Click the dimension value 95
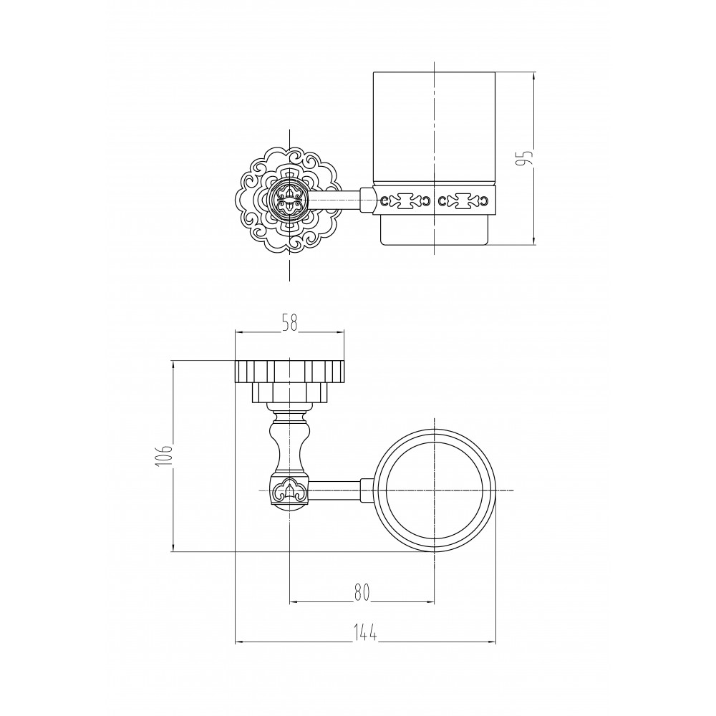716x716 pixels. tap(528, 158)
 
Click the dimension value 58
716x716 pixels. tap(289, 323)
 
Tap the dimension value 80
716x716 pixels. tap(362, 592)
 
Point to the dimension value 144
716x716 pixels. tap(366, 634)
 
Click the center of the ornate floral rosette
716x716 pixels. tap(289, 200)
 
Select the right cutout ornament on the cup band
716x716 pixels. tap(464, 200)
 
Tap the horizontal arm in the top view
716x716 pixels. tap(336, 490)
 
